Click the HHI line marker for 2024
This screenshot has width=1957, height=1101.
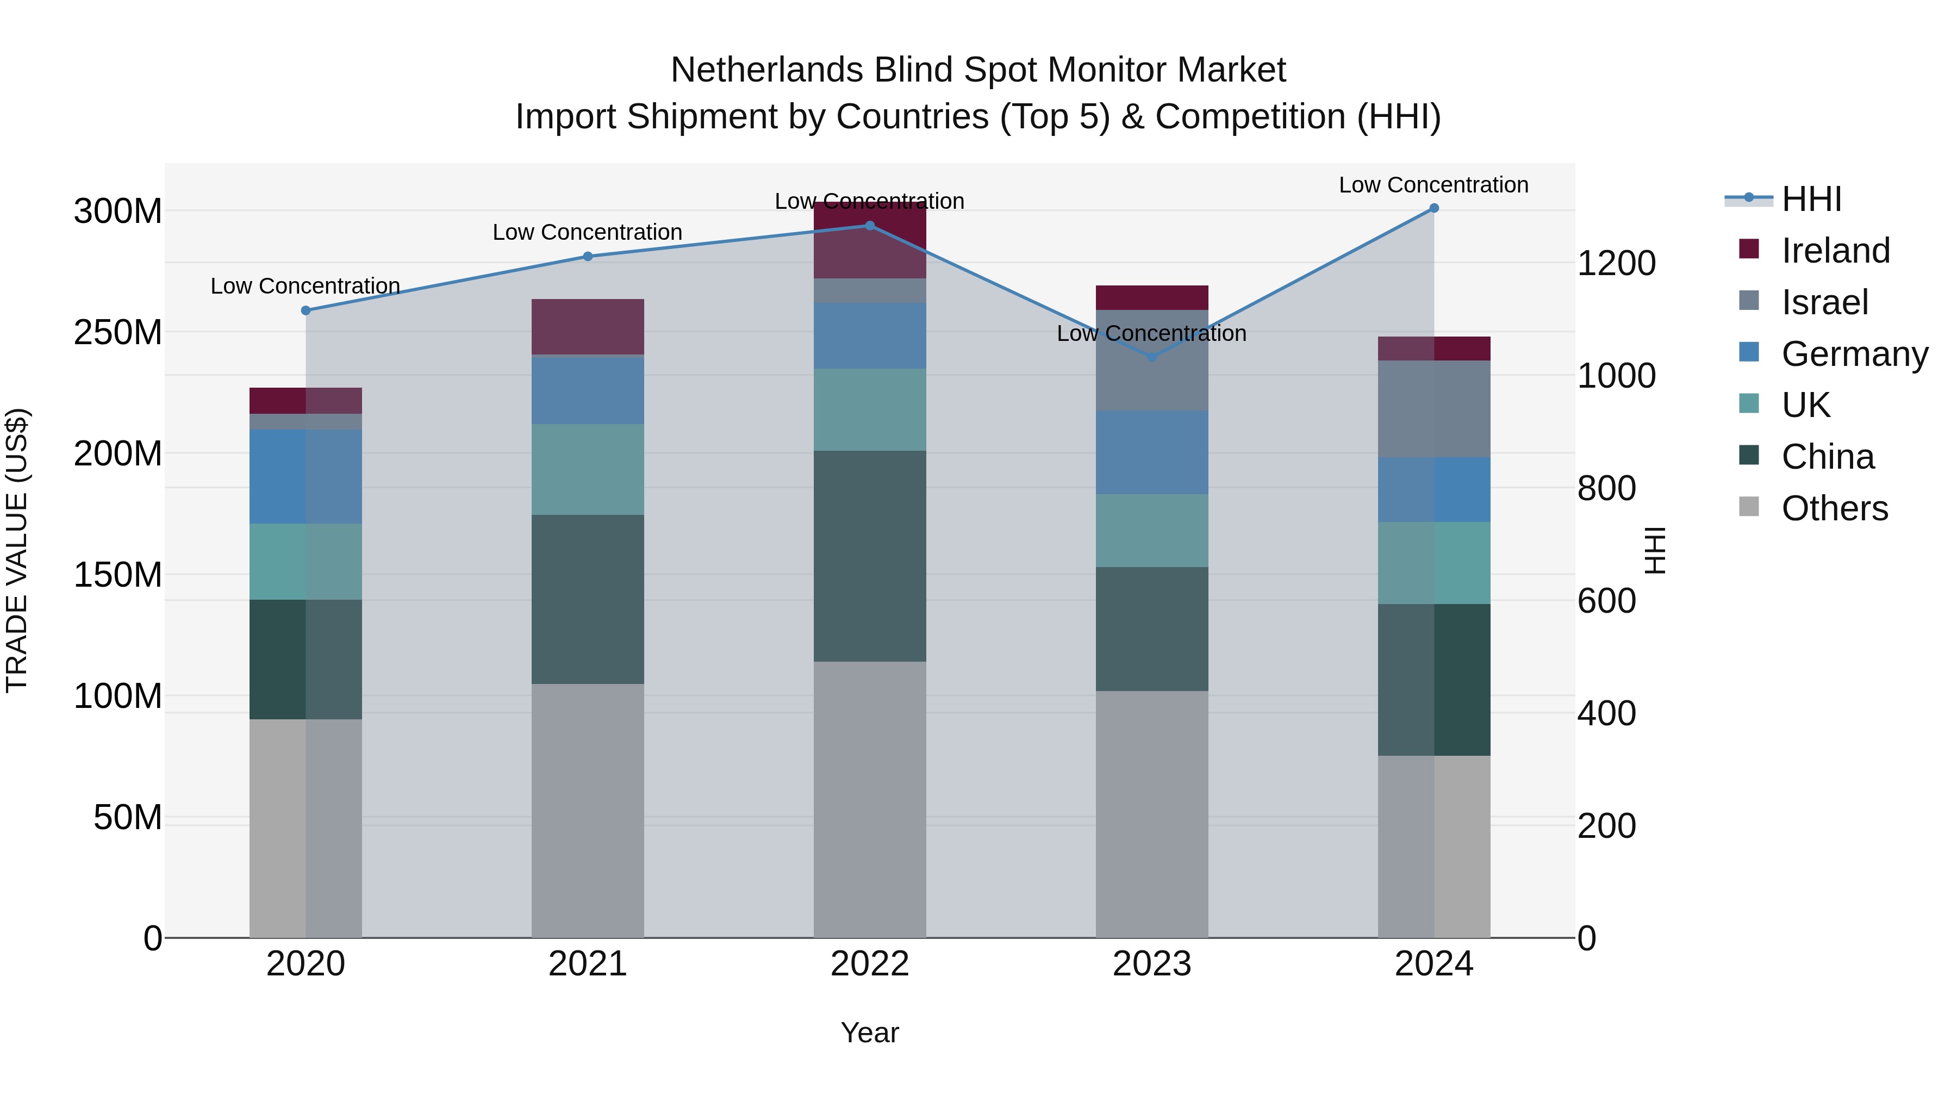[1434, 208]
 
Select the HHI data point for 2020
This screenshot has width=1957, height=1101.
[306, 311]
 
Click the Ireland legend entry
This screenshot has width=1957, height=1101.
[1834, 251]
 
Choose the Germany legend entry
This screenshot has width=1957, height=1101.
[1853, 354]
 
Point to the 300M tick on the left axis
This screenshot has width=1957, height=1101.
[118, 212]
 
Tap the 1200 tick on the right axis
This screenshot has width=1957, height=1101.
[1616, 264]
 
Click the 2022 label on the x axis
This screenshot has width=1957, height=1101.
[870, 964]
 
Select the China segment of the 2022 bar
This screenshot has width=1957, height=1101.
[870, 556]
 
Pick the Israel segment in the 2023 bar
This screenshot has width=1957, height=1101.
[1152, 360]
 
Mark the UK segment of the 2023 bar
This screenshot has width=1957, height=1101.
[1152, 530]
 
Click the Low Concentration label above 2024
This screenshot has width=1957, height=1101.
[1433, 185]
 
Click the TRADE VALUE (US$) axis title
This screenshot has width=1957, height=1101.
[17, 550]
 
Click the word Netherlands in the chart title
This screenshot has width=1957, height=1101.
[766, 70]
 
